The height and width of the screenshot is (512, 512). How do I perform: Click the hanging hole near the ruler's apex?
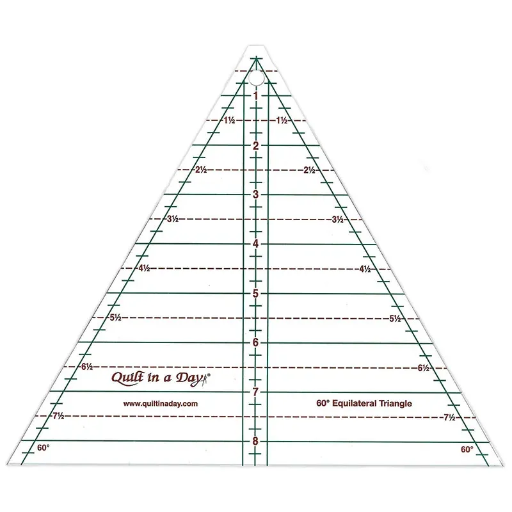pos(257,78)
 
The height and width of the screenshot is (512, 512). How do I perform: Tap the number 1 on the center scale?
pos(256,96)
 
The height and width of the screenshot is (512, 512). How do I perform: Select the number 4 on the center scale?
pos(255,244)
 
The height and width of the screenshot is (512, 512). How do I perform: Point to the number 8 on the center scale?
pos(255,441)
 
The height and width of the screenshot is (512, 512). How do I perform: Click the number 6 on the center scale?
pos(255,342)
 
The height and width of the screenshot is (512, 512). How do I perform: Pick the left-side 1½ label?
pos(229,120)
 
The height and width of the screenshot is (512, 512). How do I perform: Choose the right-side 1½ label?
pos(282,120)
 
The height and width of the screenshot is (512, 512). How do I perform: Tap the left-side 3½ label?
pos(173,219)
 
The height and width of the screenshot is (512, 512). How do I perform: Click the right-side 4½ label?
pos(365,269)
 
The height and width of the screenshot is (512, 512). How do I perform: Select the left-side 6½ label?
pos(87,367)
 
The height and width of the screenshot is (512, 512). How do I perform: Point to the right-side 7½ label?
pos(449,417)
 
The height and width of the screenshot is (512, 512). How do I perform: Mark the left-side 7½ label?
pos(58,416)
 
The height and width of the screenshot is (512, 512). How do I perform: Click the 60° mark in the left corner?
pos(43,447)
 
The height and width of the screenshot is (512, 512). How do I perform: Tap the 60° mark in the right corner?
pos(467,450)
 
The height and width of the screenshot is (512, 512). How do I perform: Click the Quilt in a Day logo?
pos(161,378)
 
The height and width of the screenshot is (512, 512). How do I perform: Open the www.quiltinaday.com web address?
pos(161,404)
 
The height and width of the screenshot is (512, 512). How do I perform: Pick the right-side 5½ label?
pos(395,318)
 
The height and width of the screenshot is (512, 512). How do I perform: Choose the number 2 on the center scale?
pos(255,145)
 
